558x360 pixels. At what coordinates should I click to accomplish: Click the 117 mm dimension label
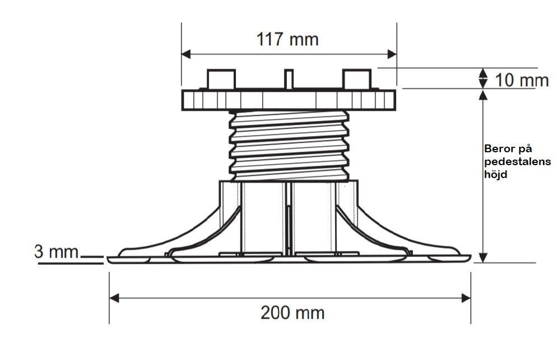coord(287,39)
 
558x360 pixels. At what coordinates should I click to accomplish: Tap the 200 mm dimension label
coord(292,313)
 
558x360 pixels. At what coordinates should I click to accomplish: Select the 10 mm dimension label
coord(522,81)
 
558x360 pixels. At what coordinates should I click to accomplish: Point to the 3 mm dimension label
coord(56,252)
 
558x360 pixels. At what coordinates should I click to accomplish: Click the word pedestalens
coord(518,162)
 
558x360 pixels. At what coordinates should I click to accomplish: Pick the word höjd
coord(495,174)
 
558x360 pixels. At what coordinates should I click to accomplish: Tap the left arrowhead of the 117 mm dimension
coord(186,54)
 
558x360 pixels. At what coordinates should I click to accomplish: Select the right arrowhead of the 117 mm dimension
coord(392,54)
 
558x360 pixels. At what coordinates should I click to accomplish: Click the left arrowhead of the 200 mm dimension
coord(114,298)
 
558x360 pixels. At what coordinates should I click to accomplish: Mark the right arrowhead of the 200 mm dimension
coord(466,298)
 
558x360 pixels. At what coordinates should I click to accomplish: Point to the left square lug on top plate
coord(221,79)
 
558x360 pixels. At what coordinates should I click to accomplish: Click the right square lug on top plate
coord(357,79)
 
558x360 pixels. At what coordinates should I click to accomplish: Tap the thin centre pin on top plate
coord(289,78)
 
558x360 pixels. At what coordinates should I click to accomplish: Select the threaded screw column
coord(289,146)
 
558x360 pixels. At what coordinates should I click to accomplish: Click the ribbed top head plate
coord(289,100)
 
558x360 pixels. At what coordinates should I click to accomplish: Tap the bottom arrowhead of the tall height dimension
coord(483,258)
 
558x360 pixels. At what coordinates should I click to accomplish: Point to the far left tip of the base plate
coord(108,258)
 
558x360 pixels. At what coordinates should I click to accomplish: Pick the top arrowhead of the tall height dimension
coord(483,95)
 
